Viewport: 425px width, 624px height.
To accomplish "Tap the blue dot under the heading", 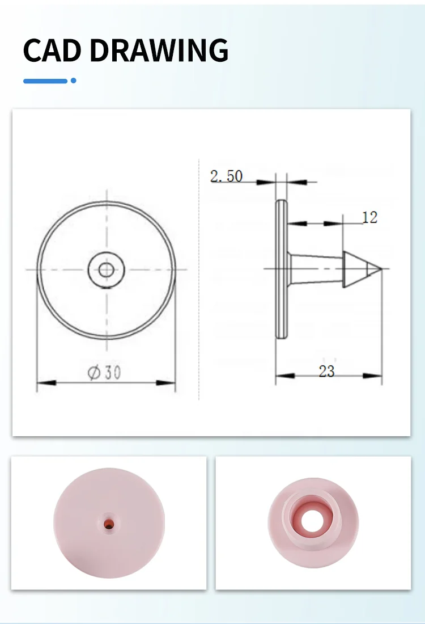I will (73, 81).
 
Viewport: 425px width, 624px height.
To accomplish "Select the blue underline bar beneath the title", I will (45, 81).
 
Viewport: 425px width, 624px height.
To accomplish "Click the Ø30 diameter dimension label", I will (104, 373).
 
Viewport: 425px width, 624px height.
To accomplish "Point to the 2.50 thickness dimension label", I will (226, 176).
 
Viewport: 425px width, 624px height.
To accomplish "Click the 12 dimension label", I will (369, 217).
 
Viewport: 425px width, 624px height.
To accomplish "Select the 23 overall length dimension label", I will (326, 371).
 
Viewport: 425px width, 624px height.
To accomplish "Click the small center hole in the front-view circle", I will (106, 269).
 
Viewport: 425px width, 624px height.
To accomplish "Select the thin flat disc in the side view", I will (281, 269).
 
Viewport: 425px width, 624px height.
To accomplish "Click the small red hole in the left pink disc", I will (108, 525).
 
